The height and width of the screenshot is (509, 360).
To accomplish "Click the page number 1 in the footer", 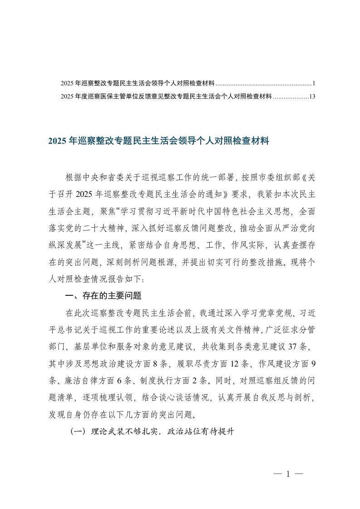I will click(288, 475).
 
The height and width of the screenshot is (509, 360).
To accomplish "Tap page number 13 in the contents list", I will click(311, 96).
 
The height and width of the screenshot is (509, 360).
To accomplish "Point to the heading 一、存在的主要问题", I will click(104, 297).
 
